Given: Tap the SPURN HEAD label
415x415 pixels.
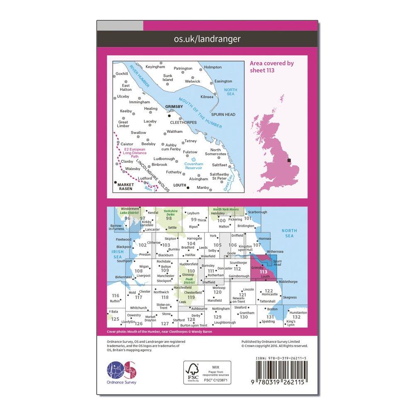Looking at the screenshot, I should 223,115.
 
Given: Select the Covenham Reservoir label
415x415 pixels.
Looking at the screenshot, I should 193,165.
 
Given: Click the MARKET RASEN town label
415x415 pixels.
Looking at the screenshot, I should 125,186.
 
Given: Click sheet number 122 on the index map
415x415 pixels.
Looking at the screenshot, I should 269,291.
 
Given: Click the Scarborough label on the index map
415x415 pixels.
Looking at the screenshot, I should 258,212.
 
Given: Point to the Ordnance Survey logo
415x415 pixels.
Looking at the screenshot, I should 122,372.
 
